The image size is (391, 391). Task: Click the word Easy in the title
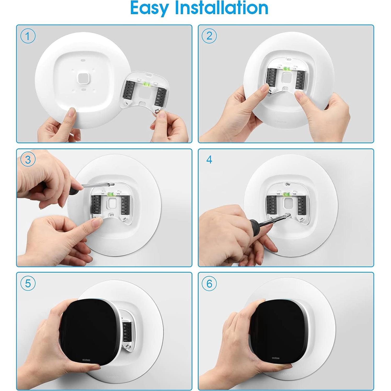149,8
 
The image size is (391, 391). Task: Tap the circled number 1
28,36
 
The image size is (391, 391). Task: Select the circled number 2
209,36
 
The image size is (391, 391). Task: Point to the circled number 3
28,160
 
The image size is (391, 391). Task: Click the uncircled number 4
209,160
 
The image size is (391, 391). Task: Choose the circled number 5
28,283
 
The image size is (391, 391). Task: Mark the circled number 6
209,284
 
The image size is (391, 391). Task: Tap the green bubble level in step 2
286,69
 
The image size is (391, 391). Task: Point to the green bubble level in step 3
111,194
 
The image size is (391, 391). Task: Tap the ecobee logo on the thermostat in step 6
275,358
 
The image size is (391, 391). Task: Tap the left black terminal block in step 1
129,89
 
